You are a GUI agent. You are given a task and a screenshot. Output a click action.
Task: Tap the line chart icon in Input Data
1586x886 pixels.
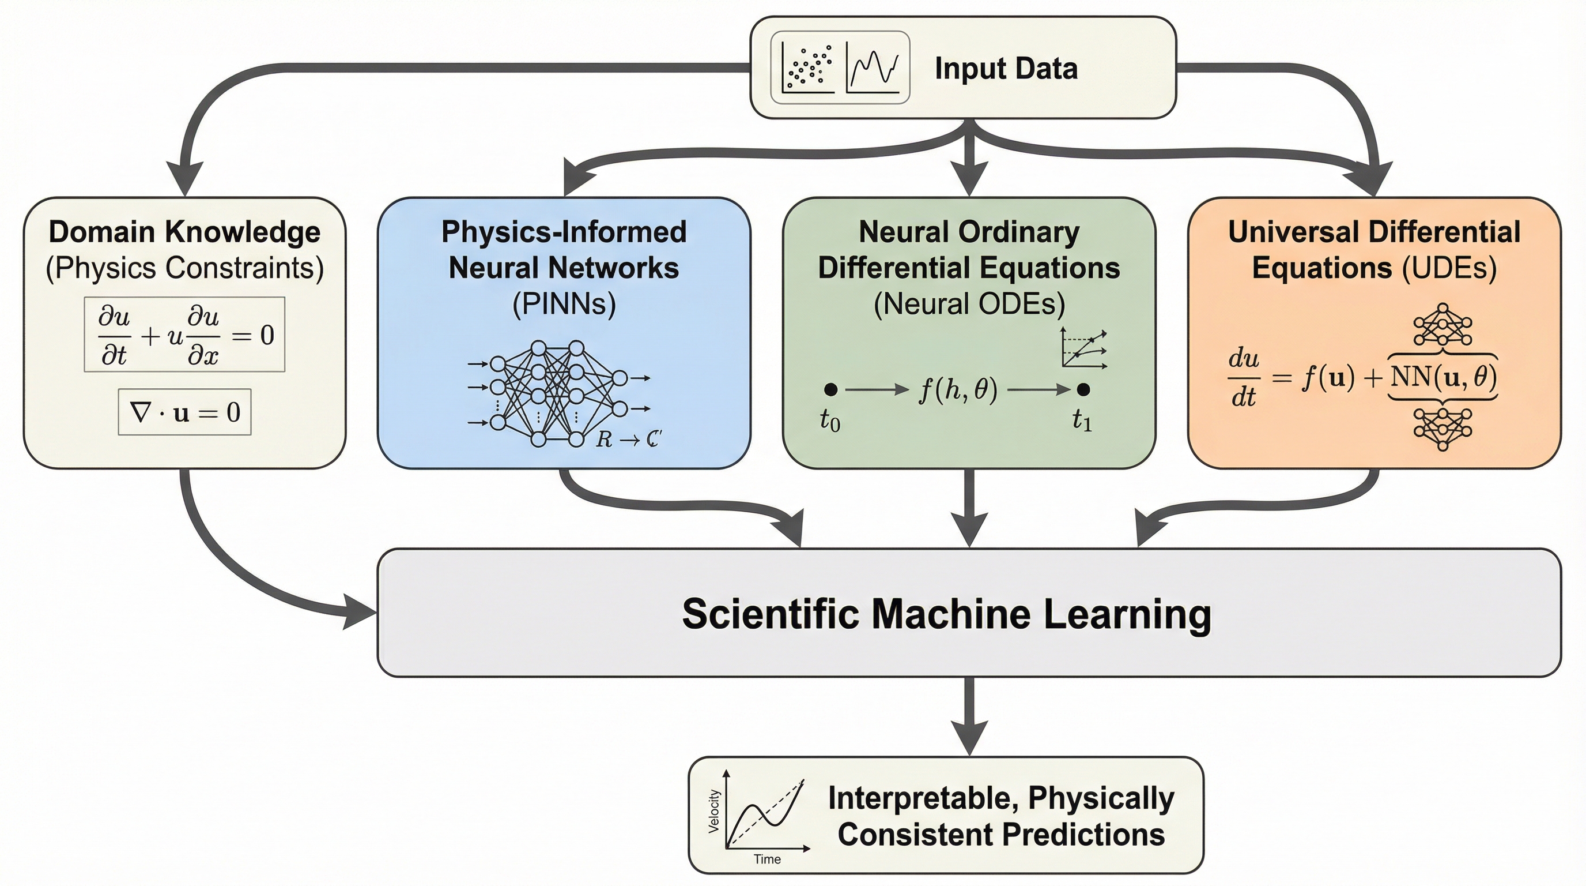tap(873, 67)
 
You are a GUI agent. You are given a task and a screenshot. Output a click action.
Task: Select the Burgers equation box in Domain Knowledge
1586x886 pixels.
tap(184, 335)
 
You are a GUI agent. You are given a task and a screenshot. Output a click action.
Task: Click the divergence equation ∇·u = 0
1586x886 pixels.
tap(184, 412)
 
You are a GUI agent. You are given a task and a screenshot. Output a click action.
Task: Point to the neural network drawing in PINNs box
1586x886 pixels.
tap(557, 393)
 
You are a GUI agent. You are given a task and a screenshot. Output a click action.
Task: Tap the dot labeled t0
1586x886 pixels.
tap(830, 389)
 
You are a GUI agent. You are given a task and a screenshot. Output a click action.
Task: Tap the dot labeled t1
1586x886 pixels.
tap(1083, 389)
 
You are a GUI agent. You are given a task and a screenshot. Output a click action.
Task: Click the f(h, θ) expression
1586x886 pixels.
tap(957, 390)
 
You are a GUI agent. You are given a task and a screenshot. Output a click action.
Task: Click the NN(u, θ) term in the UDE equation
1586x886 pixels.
tap(1443, 377)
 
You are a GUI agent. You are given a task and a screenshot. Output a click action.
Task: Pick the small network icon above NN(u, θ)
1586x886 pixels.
tap(1442, 325)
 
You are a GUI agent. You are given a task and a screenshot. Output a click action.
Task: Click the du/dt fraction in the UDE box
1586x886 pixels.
tap(1243, 377)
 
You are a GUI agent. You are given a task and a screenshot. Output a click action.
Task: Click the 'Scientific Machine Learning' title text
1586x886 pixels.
tap(946, 614)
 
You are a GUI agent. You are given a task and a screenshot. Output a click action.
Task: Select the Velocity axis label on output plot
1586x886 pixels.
tap(714, 811)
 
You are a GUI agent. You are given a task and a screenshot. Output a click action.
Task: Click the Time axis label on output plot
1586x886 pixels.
tap(767, 859)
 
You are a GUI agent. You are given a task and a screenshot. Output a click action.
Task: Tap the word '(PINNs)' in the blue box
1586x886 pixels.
tap(564, 304)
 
